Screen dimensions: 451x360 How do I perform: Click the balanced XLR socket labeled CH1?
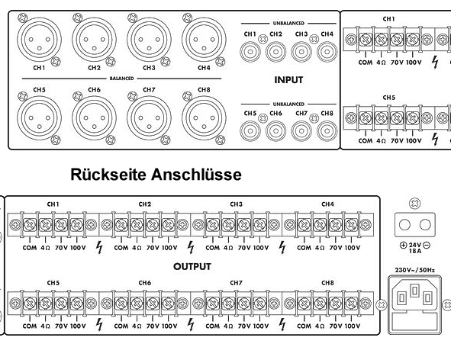tap(40, 40)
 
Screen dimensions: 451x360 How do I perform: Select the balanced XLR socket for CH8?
tap(204, 118)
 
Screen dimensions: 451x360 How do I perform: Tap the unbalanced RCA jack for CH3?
tap(301, 52)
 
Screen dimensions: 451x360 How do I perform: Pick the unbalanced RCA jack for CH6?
tap(275, 131)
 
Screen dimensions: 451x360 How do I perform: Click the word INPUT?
tap(288, 79)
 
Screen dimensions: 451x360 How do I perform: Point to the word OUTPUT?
tap(192, 266)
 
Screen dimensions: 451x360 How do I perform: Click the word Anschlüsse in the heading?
tap(196, 175)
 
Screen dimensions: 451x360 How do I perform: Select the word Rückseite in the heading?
tap(108, 175)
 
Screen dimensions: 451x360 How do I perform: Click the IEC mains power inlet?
tap(414, 304)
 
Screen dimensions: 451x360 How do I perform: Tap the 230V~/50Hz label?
tap(415, 270)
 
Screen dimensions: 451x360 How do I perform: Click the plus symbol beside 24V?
tap(403, 246)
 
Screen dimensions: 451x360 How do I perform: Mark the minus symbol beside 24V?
tap(427, 246)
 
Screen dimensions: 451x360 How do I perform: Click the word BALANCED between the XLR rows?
tap(121, 79)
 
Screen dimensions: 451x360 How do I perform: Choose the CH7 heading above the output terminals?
tap(236, 283)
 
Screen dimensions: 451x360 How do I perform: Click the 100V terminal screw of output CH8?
tap(350, 303)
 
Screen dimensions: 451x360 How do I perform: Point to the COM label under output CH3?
tap(213, 248)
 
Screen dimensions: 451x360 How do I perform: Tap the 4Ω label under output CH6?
tap(137, 326)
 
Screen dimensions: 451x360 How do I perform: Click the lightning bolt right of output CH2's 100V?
tap(191, 248)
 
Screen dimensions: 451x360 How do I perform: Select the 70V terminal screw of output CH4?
tap(335, 224)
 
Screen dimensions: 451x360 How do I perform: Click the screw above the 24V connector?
tap(414, 204)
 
